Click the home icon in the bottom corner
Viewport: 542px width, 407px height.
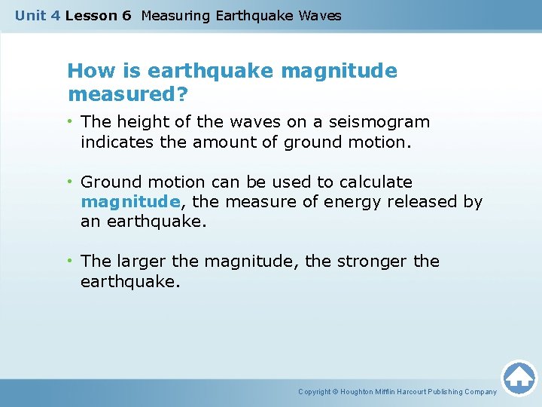[519, 378]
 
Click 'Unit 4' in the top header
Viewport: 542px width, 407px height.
[37, 16]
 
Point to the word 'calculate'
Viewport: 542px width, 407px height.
[376, 182]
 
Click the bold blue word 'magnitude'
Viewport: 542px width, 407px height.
[130, 202]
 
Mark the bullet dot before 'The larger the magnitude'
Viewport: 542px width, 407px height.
[70, 262]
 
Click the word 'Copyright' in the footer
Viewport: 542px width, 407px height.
[315, 392]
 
